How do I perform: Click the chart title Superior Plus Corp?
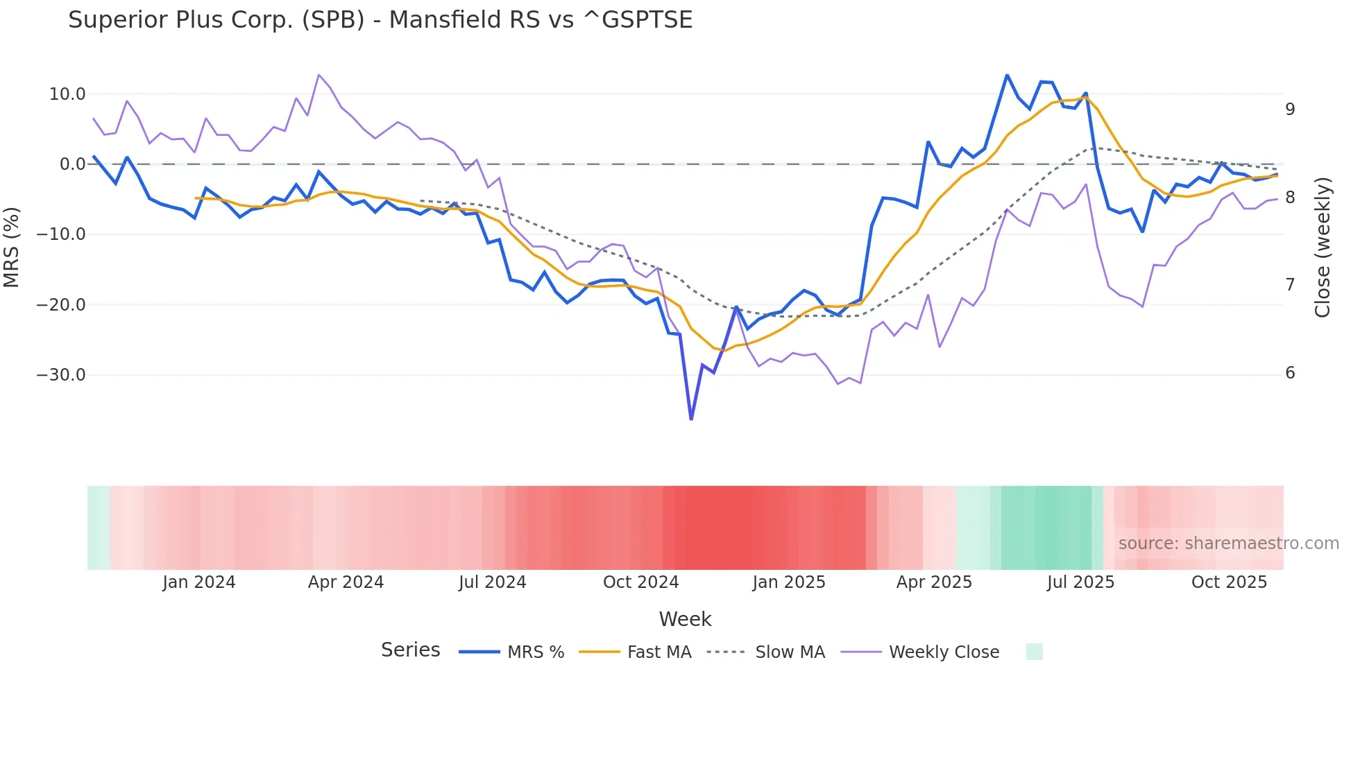tap(380, 19)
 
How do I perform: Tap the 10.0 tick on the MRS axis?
tap(67, 94)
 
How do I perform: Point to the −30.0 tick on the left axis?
tap(61, 375)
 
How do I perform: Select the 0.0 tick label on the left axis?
tap(72, 164)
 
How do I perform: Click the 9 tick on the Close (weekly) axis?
tap(1290, 109)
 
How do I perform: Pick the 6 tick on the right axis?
tap(1290, 373)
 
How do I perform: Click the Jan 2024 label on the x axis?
tap(199, 582)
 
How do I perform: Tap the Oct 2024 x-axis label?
tap(640, 582)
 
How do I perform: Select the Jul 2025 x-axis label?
tap(1080, 582)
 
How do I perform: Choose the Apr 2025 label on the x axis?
tap(934, 582)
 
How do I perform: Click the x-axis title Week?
tap(685, 619)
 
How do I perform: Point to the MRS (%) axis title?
tap(12, 248)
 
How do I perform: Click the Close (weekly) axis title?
tap(1323, 248)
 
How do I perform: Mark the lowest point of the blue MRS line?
tap(691, 419)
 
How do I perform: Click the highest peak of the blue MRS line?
tap(1007, 75)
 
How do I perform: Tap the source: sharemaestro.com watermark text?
tap(1228, 544)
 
